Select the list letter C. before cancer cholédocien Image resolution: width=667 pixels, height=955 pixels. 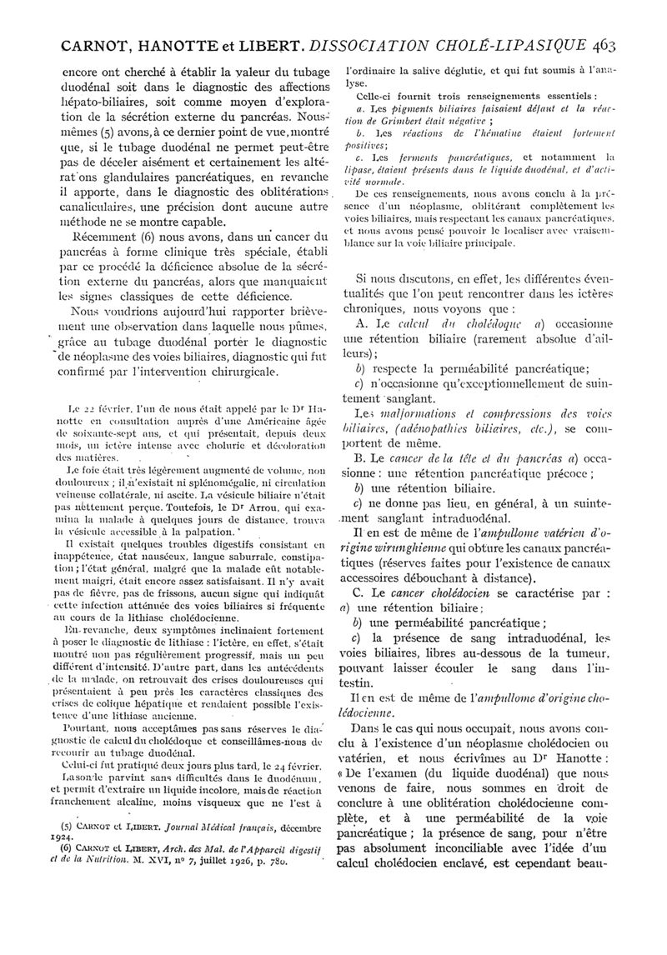tap(362, 592)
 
